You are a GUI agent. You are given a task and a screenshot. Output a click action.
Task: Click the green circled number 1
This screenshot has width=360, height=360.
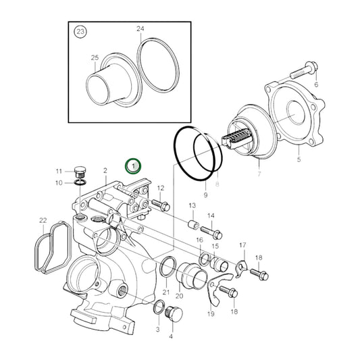134,165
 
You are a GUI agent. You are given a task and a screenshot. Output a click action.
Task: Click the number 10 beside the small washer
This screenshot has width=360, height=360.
59,182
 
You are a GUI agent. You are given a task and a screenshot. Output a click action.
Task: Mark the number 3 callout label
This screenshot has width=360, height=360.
157,329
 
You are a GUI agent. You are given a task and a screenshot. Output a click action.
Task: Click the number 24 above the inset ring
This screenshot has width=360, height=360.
140,29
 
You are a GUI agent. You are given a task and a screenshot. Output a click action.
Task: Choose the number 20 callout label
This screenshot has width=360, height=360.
179,296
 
